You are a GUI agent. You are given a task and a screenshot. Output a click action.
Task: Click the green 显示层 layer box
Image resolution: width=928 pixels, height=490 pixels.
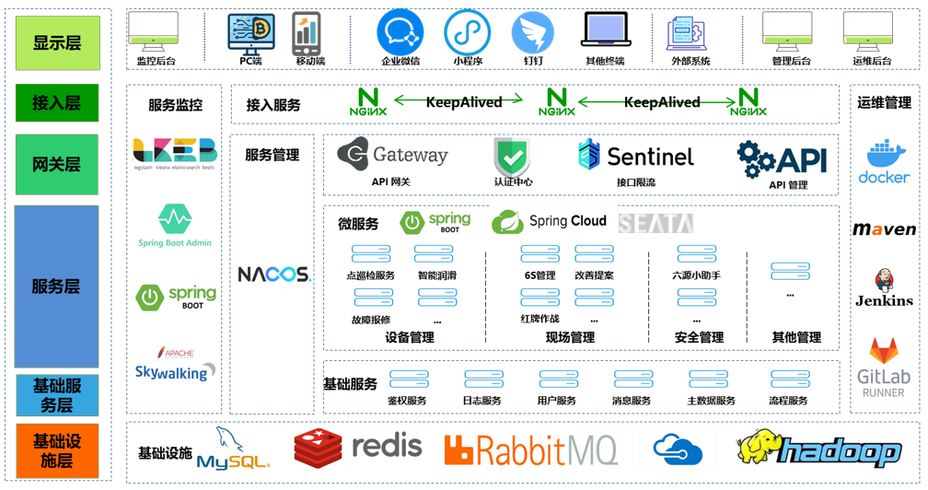57,42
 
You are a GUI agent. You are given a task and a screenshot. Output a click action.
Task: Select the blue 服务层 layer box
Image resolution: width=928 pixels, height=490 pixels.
57,286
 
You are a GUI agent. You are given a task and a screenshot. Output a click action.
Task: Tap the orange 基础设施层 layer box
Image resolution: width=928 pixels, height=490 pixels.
57,450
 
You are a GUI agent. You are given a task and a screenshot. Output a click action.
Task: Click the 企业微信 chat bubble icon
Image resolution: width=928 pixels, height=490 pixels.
400,32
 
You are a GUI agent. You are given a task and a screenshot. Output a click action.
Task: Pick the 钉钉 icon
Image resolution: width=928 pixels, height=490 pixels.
533,32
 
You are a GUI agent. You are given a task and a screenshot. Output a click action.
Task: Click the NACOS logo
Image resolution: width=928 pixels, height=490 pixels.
274,274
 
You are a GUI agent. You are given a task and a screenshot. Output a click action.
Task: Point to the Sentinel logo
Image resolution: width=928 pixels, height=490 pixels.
635,156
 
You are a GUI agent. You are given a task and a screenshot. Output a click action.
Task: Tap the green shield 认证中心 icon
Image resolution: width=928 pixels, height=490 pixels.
512,156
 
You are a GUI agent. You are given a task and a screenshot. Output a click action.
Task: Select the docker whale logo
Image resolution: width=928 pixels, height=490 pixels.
884,162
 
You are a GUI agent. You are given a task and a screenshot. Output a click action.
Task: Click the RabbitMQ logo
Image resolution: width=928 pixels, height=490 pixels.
531,449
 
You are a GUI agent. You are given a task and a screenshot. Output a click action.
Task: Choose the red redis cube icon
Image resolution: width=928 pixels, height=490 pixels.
319,449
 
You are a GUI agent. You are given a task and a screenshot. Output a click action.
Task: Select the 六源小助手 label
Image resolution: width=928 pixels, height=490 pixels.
697,275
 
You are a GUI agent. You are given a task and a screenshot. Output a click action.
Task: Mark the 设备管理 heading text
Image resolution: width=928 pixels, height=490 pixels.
410,337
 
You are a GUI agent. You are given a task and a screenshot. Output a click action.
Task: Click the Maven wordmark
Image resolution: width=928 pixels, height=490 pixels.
884,229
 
